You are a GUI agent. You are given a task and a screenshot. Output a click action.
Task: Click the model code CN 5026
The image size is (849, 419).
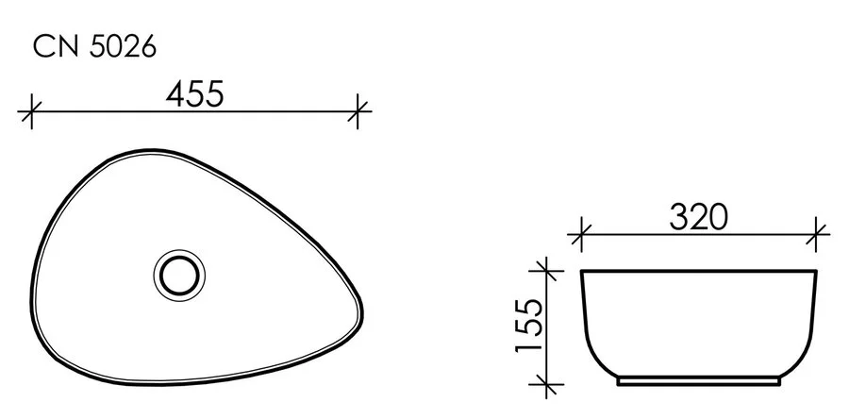point(94,47)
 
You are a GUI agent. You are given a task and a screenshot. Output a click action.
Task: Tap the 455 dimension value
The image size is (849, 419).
point(194,94)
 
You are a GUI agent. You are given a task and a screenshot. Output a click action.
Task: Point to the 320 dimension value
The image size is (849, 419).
point(699,218)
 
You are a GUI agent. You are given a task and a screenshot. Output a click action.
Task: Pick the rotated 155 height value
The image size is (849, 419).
point(530,326)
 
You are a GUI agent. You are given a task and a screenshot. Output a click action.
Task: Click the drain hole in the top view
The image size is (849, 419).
point(178,275)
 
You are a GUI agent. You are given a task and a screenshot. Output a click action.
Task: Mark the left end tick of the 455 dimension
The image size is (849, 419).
point(32,111)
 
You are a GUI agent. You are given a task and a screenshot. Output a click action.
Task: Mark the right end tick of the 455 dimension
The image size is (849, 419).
point(358,111)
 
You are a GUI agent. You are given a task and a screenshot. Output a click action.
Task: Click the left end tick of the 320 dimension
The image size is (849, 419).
point(581,234)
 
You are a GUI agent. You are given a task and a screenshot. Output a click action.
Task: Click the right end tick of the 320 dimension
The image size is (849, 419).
point(817,234)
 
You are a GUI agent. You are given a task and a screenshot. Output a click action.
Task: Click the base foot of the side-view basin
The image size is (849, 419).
point(698,383)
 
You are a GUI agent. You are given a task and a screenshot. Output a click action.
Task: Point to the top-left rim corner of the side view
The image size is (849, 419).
point(582,273)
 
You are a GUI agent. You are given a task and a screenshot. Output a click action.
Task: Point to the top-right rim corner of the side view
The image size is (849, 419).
point(816,273)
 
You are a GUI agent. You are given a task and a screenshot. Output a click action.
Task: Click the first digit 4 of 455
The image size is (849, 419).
point(176,94)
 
